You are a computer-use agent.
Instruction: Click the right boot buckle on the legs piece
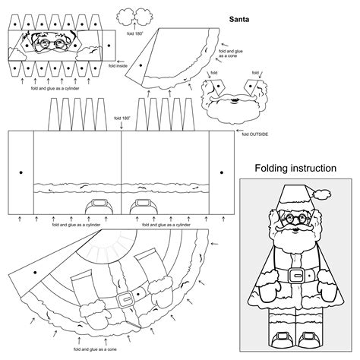coord(141,204)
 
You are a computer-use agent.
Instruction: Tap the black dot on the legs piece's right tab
coord(220,170)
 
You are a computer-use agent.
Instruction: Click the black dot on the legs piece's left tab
coord(21,170)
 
